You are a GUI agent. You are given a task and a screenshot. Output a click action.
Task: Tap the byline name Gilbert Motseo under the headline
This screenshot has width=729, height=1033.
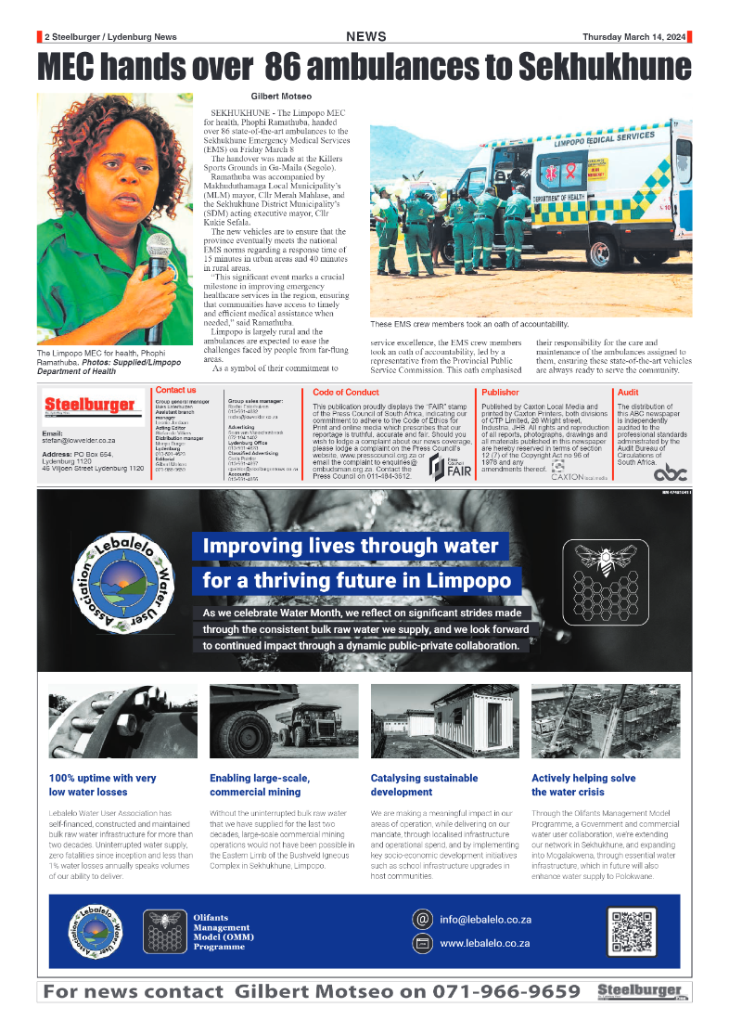(x=283, y=96)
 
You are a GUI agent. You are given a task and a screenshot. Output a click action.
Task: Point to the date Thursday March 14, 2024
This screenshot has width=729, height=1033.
(x=634, y=37)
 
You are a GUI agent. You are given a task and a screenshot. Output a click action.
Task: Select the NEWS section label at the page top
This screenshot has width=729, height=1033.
(x=365, y=37)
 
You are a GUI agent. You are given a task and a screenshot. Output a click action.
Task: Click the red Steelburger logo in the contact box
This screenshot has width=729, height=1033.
(x=90, y=406)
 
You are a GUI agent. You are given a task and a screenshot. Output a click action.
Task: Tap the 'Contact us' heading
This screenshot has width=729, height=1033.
(x=176, y=391)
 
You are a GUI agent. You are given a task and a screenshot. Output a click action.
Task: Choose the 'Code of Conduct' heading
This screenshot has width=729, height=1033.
(x=346, y=393)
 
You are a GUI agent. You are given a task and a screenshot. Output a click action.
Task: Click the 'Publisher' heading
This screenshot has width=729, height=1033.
(x=501, y=393)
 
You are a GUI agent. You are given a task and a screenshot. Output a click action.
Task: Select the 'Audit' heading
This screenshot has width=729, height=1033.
(x=628, y=393)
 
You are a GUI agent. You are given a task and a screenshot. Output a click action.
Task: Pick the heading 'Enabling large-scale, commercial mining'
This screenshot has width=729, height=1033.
(x=260, y=785)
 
